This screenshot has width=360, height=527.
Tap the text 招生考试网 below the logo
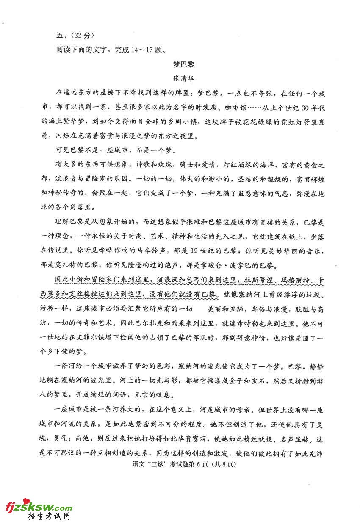click(x=48, y=518)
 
